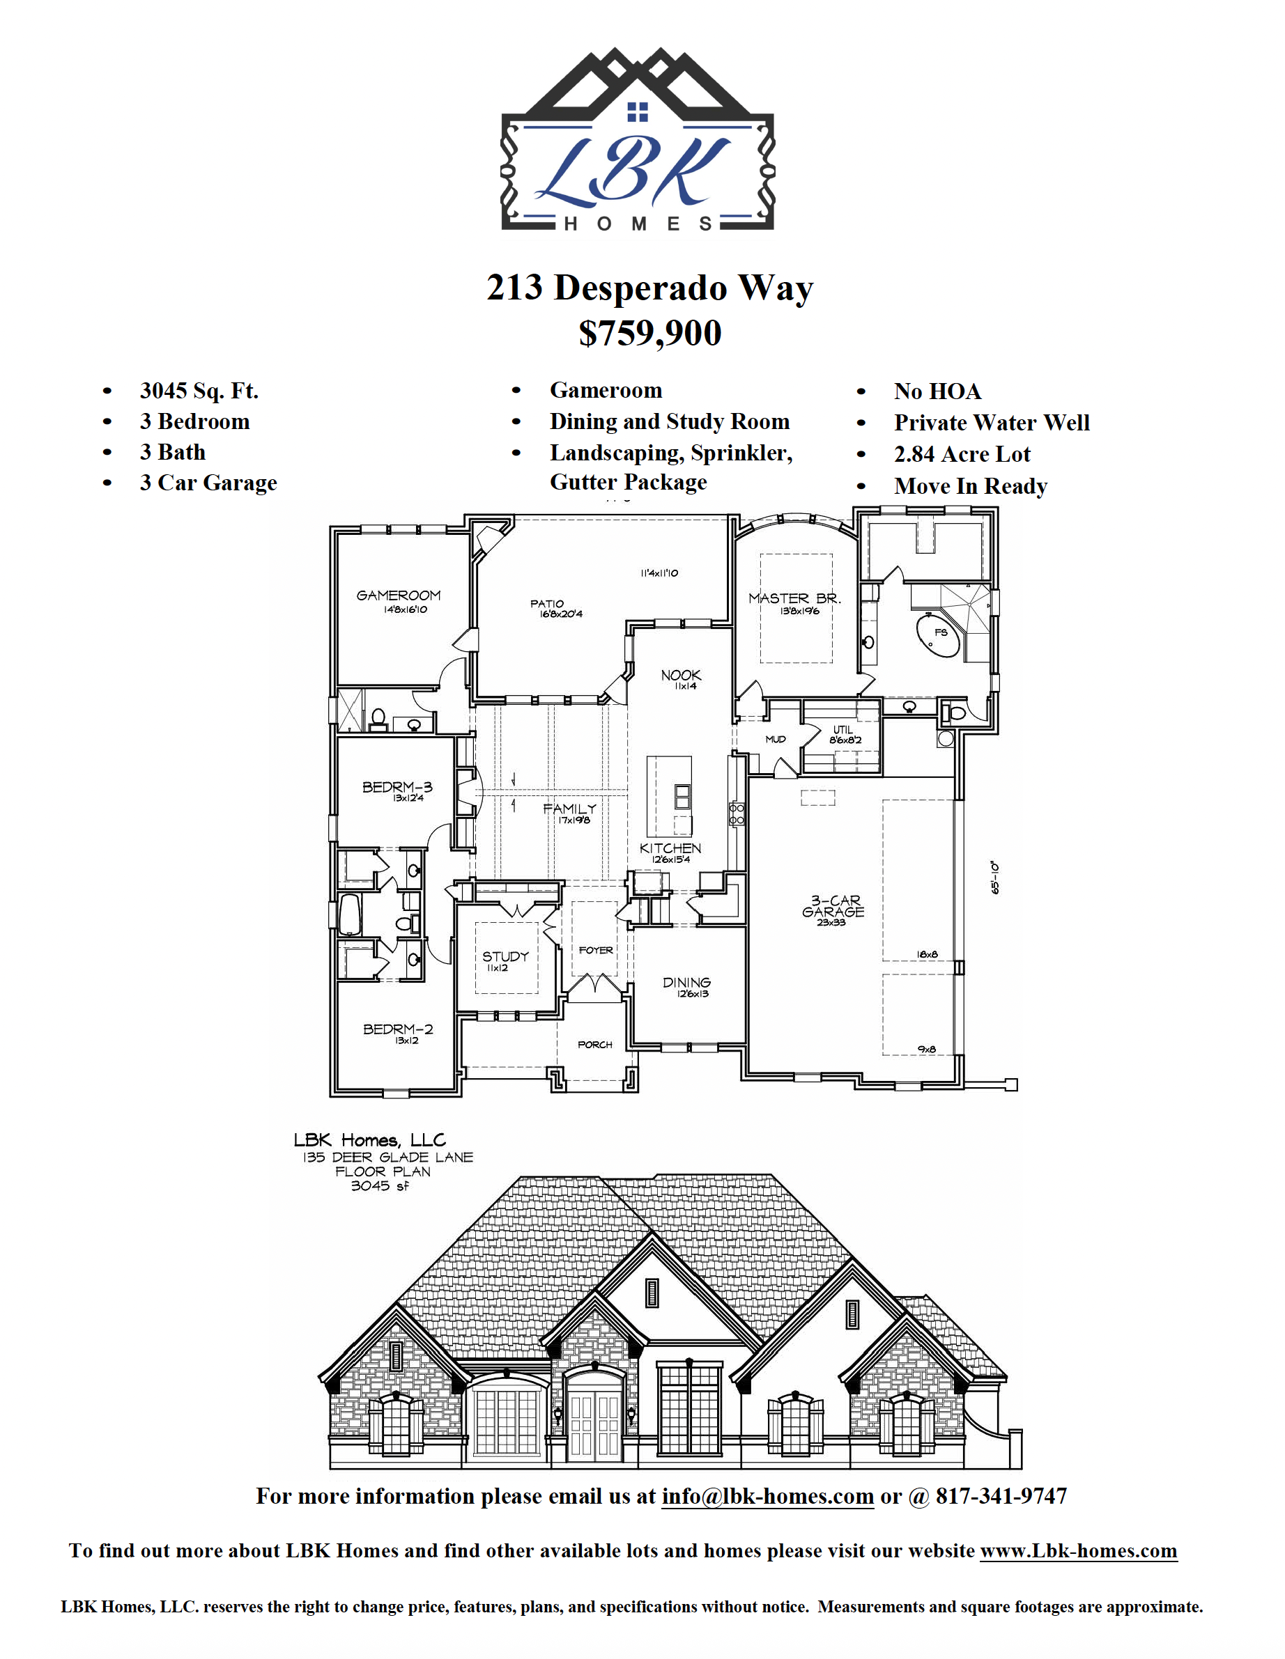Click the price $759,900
649,333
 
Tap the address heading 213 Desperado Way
649,288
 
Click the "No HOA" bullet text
937,391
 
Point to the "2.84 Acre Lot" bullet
962,454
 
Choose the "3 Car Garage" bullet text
208,483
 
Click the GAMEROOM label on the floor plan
398,595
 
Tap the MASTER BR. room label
795,598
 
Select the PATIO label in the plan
547,604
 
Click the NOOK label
681,676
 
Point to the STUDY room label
505,956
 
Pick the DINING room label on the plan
686,983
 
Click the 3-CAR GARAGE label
833,906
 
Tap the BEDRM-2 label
397,1029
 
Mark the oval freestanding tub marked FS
939,635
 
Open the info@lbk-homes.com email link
767,1496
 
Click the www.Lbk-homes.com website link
1078,1550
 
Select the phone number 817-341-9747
1001,1496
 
